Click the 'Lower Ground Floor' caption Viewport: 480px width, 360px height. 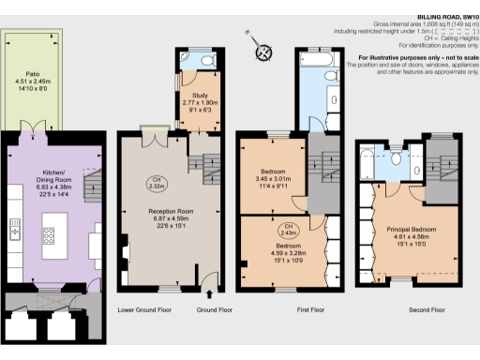pos(144,308)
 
